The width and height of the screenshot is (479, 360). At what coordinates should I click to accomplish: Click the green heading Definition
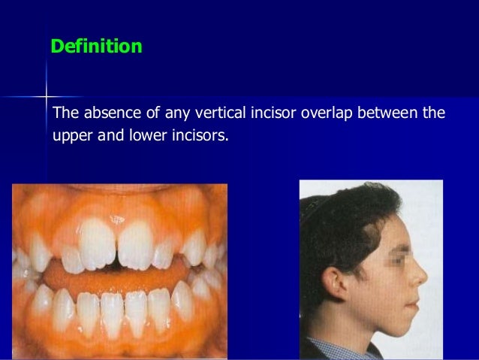point(96,47)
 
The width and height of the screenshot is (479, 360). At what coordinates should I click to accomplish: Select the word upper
point(71,139)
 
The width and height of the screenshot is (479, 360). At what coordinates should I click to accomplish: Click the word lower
point(141,138)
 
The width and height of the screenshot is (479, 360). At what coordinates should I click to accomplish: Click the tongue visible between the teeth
point(113,275)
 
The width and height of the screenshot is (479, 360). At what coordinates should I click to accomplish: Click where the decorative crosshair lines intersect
point(47,97)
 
